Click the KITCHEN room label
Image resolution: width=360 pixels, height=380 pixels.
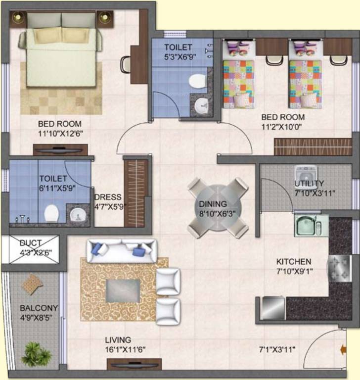[x=294, y=262]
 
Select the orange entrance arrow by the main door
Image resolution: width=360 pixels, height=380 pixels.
[x=343, y=350]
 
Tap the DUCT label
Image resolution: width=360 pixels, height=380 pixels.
[x=31, y=243]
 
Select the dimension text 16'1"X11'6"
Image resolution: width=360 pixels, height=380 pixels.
[x=125, y=350]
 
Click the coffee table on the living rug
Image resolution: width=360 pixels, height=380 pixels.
[x=123, y=291]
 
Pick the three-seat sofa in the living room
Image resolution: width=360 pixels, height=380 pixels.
[x=121, y=251]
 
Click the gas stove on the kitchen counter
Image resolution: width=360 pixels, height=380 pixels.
[x=340, y=268]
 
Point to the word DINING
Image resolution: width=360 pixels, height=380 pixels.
[x=213, y=204]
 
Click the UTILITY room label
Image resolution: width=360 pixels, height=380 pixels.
[x=309, y=184]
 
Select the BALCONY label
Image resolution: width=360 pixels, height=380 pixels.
[x=39, y=308]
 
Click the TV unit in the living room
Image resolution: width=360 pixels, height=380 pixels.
[x=134, y=365]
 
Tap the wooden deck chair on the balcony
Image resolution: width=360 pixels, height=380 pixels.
[x=32, y=285]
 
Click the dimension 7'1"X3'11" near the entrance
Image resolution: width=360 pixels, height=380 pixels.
[x=277, y=350]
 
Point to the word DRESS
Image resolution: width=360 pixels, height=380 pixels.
[x=108, y=197]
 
